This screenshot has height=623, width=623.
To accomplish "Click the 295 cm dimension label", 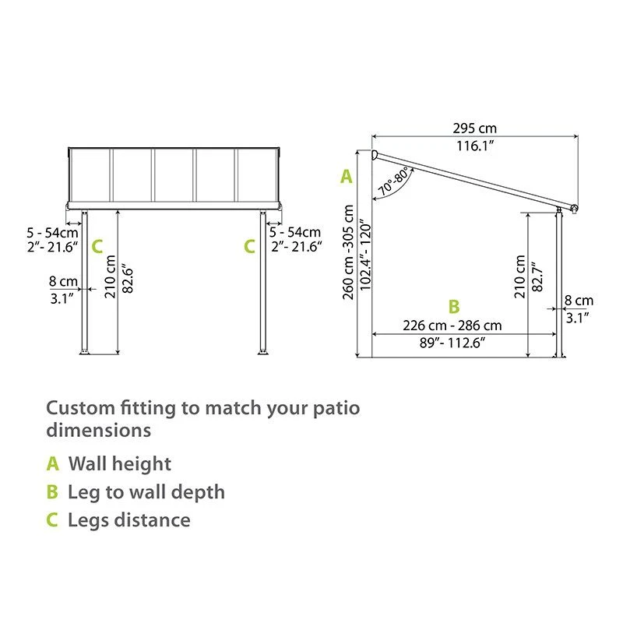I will pyautogui.click(x=474, y=128).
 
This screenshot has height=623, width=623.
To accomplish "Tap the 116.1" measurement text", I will pyautogui.click(x=474, y=146).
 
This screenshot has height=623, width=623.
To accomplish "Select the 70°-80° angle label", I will pyautogui.click(x=393, y=181).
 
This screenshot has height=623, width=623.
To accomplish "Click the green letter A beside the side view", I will pyautogui.click(x=347, y=177).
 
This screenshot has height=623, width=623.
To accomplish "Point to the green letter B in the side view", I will pyautogui.click(x=454, y=307).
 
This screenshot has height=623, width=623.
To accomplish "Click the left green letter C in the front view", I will pyautogui.click(x=97, y=247).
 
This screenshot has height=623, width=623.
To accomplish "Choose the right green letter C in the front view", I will pyautogui.click(x=249, y=247).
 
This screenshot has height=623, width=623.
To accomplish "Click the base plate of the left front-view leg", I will pyautogui.click(x=85, y=354).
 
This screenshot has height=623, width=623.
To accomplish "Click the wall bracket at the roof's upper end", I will pyautogui.click(x=375, y=157).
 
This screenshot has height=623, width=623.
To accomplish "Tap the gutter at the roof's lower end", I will pyautogui.click(x=575, y=208).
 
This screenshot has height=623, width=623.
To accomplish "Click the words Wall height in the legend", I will pyautogui.click(x=120, y=464).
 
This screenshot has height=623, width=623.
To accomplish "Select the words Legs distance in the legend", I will pyautogui.click(x=129, y=519).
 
